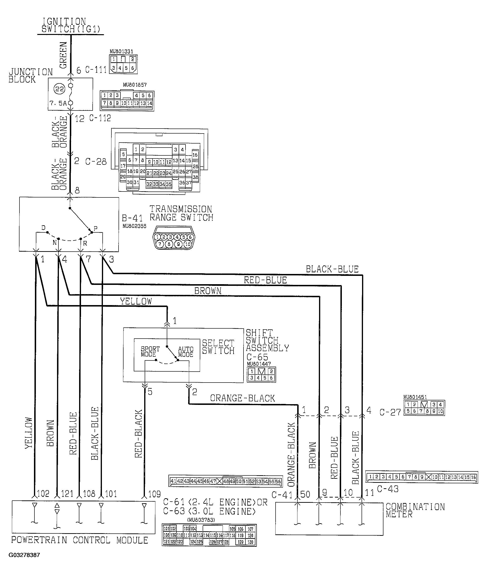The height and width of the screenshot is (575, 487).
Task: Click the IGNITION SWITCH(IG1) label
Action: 71,25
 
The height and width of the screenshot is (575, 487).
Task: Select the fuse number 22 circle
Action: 60,89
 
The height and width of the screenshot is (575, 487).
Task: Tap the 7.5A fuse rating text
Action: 58,103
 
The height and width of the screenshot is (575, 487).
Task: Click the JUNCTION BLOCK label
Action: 30,76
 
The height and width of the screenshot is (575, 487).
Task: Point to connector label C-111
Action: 95,70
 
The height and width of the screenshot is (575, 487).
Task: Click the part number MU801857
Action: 135,85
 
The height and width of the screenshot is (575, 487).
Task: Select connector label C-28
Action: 95,161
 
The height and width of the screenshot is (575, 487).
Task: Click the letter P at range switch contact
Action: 95,228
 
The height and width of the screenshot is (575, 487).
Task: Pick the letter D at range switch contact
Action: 43,228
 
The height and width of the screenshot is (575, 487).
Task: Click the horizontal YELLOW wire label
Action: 136,301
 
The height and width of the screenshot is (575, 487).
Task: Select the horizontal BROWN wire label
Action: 208,291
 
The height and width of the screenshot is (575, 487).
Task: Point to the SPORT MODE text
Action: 150,352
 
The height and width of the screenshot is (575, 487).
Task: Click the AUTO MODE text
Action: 186,352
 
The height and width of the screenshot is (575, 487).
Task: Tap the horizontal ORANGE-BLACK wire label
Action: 242,398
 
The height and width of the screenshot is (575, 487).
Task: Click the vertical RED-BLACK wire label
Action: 138,434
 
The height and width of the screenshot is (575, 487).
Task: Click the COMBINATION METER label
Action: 415,510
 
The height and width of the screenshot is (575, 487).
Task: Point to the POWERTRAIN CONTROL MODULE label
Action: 80,540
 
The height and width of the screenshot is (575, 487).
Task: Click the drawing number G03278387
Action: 24,555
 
